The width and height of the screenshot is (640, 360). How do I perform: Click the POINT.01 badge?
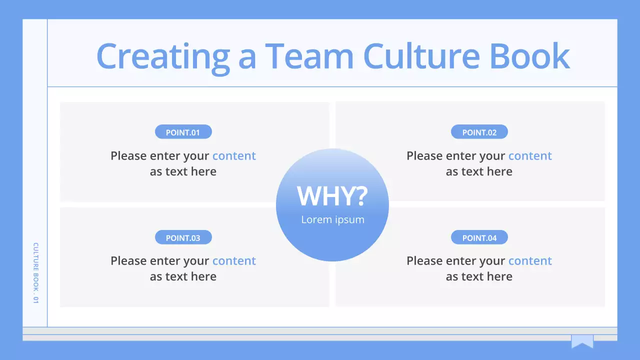(x=183, y=132)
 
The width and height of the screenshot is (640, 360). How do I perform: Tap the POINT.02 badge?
(x=479, y=132)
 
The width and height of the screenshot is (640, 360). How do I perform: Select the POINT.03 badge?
(x=183, y=237)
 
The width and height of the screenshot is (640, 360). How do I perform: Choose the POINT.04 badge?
(x=479, y=237)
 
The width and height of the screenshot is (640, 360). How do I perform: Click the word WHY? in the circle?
(x=332, y=196)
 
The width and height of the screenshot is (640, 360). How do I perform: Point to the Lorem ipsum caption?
(x=332, y=219)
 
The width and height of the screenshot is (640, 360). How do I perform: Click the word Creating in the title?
(x=162, y=56)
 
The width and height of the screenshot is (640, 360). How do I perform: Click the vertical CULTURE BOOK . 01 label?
(x=35, y=273)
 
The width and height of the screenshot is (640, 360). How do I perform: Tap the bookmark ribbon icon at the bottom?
(x=582, y=341)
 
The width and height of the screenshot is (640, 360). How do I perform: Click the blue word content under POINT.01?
(x=234, y=156)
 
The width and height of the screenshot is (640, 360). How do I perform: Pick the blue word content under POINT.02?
(x=530, y=156)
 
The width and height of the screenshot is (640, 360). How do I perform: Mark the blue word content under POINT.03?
(x=234, y=261)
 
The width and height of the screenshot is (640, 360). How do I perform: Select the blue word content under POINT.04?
(x=530, y=261)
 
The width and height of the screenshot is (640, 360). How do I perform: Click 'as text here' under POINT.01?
(x=183, y=171)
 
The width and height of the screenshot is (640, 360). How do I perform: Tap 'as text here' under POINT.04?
(x=479, y=276)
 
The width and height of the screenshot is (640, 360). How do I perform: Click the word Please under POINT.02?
(x=424, y=156)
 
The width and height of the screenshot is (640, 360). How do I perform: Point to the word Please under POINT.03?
(x=128, y=261)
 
